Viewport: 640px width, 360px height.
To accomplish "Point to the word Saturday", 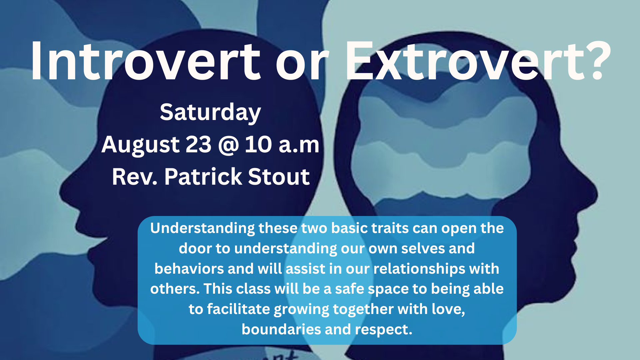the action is tap(210, 113).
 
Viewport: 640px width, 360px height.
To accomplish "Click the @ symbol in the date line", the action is tap(229, 145).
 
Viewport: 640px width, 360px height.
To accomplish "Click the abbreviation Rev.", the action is tap(135, 177).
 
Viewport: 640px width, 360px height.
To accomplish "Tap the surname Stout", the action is tap(279, 177).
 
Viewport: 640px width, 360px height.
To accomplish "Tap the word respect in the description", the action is tap(383, 330).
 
